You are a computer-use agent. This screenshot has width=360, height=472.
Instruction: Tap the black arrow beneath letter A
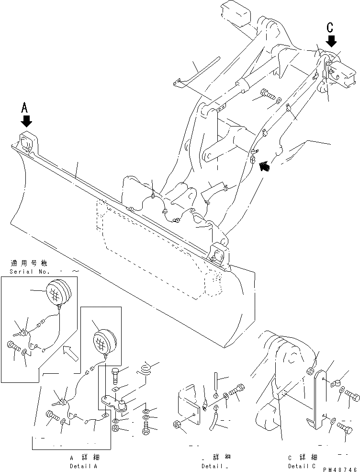click(26, 121)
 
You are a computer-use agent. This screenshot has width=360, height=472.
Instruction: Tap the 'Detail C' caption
click(303, 466)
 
